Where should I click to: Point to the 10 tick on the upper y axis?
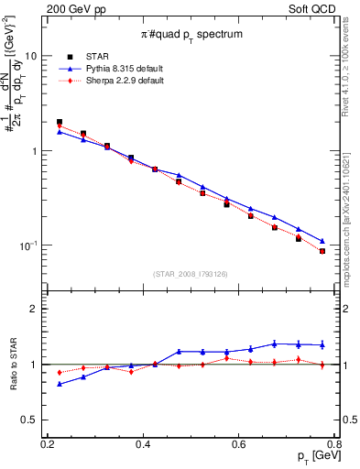[x=30, y=56]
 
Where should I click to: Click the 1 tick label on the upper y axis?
[x=34, y=151]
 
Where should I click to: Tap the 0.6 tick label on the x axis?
[x=239, y=444]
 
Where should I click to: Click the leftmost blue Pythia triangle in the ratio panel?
[x=60, y=384]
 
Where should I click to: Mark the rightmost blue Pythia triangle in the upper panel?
[x=322, y=241]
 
